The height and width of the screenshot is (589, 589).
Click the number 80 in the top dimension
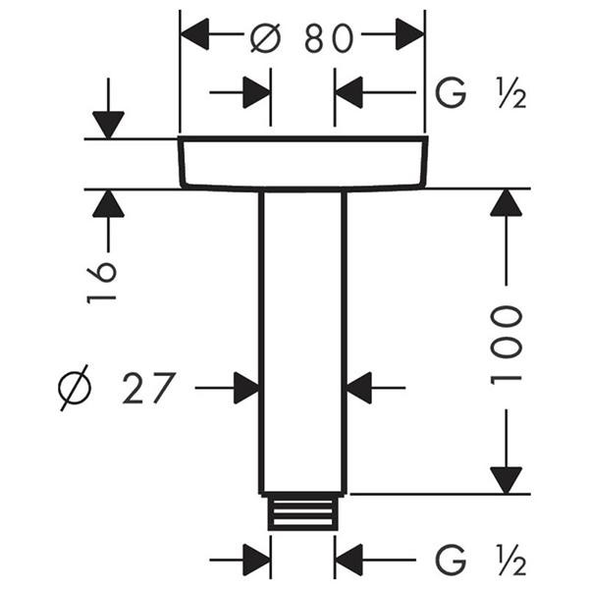(x=328, y=37)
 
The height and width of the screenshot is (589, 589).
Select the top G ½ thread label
(x=480, y=94)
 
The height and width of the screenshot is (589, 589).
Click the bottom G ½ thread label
(x=480, y=561)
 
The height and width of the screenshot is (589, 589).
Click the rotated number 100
(x=506, y=344)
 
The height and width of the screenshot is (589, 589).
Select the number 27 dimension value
(x=149, y=390)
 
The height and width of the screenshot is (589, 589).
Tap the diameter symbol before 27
(x=76, y=390)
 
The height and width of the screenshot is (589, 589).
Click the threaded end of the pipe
(x=301, y=511)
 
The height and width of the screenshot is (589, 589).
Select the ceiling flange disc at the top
(x=302, y=163)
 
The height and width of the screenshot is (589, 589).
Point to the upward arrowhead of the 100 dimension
(x=506, y=202)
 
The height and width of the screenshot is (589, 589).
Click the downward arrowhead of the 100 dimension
(x=506, y=480)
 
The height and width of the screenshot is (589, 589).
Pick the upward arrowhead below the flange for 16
(x=108, y=203)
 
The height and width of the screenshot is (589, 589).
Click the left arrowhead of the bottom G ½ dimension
(x=255, y=561)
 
